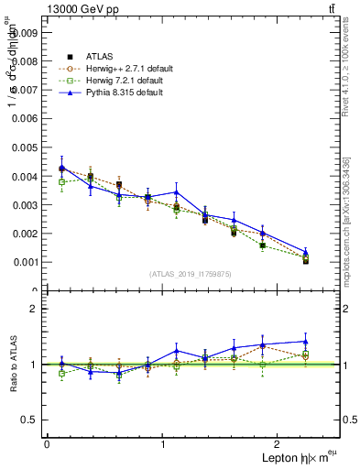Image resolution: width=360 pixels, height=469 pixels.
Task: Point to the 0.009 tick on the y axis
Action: click(26, 32)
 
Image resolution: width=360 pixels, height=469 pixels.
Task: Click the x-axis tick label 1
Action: click(163, 443)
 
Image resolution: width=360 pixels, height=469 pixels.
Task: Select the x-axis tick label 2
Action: click(279, 443)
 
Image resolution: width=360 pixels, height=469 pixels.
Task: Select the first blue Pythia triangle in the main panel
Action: click(61, 168)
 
